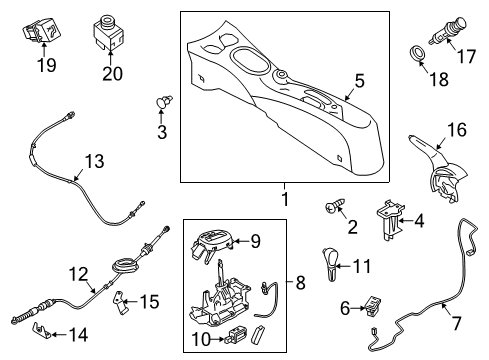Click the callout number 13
93,161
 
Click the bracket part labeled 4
390,220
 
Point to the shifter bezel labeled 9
218,240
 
